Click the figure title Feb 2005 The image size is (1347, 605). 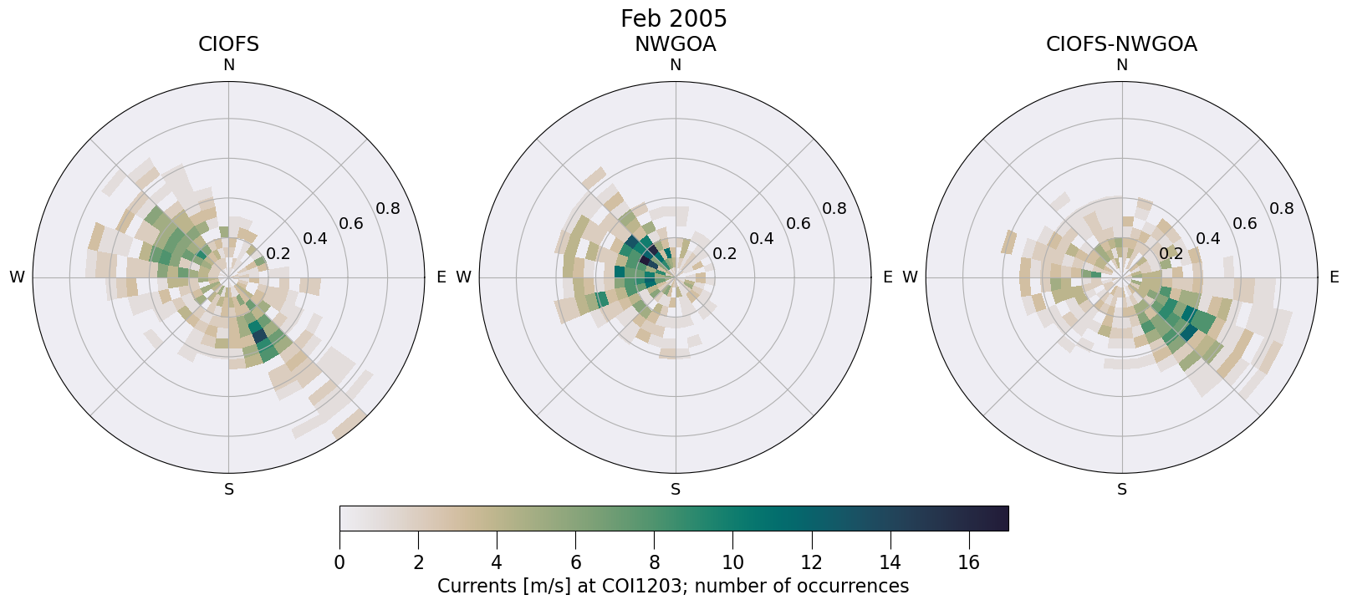(x=673, y=18)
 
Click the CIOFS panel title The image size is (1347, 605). (x=228, y=44)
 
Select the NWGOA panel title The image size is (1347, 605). (x=675, y=44)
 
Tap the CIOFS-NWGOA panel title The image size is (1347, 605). (x=1121, y=44)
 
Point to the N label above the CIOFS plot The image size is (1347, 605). (x=228, y=65)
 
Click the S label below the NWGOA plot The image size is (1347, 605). (x=676, y=490)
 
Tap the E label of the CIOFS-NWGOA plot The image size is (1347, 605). (x=1334, y=277)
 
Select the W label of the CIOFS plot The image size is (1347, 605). (x=17, y=277)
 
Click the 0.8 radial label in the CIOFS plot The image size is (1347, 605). (x=388, y=208)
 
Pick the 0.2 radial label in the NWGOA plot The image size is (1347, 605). (x=725, y=254)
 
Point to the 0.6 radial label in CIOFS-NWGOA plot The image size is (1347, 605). (x=1245, y=223)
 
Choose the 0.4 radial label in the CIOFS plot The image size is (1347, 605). (x=315, y=239)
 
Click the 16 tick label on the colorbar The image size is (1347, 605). (x=968, y=563)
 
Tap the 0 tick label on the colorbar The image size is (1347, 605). (x=339, y=563)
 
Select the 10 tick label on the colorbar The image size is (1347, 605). (x=732, y=563)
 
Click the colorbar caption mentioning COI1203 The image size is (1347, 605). (x=673, y=587)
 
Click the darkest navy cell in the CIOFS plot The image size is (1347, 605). (x=259, y=336)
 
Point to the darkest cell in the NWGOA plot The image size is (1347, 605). (x=646, y=259)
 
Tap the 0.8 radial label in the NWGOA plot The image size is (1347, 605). (x=834, y=208)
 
